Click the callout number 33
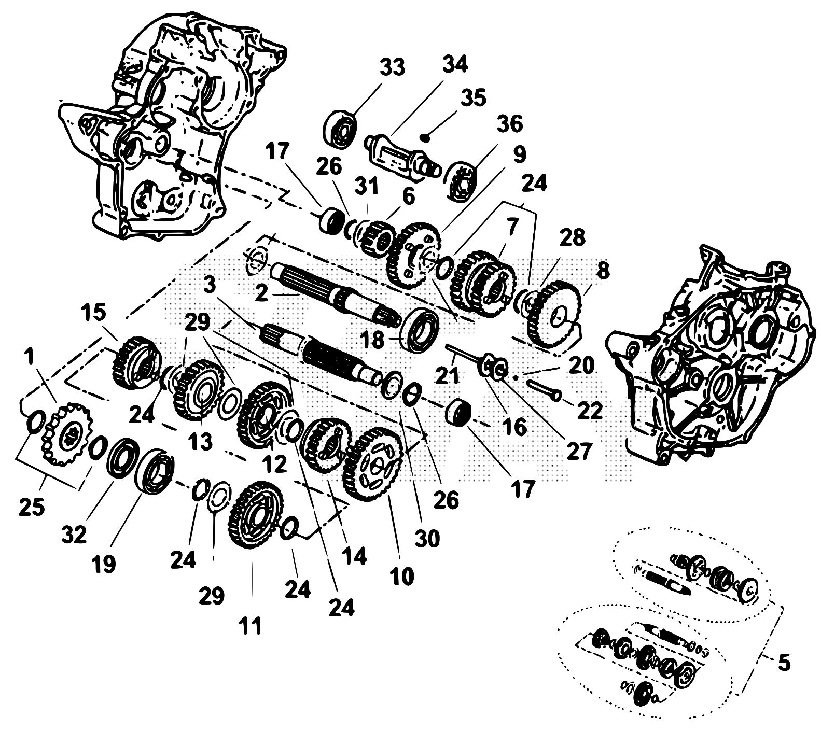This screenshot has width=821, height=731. click(x=393, y=67)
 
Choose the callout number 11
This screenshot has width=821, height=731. click(x=251, y=625)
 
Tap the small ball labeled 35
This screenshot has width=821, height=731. click(x=425, y=137)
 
